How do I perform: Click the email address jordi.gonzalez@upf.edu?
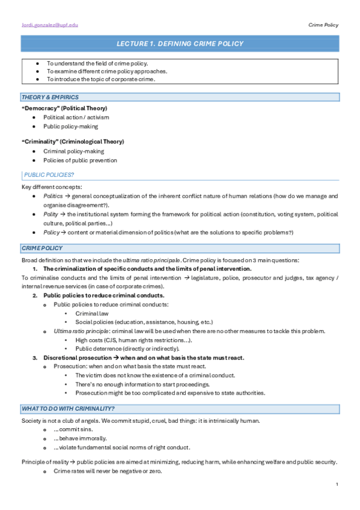49,25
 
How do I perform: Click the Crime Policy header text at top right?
323,25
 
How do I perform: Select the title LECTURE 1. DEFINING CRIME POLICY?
180,44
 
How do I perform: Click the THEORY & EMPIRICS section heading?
50,97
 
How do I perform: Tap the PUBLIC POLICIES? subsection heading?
49,175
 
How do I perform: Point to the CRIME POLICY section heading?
42,248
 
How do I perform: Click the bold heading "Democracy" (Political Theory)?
64,108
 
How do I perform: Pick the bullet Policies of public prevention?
80,161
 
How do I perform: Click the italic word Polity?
51,214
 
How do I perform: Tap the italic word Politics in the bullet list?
53,196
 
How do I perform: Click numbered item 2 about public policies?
103,295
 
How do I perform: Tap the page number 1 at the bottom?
338,484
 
